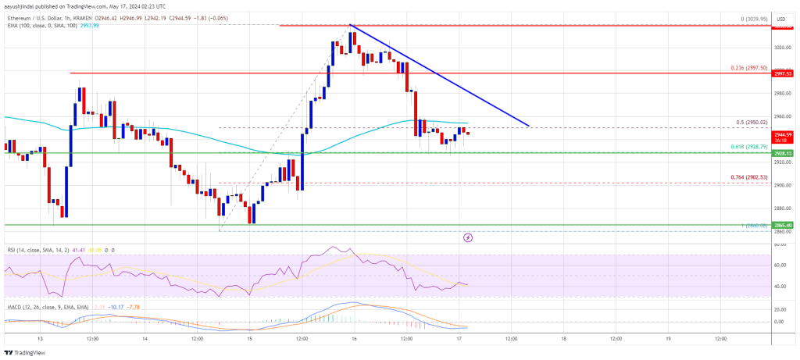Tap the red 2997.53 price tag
pos(783,73)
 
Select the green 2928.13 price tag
pos(783,154)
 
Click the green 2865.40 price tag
pos(783,225)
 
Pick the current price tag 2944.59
pos(783,134)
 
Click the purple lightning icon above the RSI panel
pos(468,237)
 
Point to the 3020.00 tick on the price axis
pos(782,47)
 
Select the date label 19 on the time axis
pos(669,339)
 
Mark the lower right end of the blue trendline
pos(529,126)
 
